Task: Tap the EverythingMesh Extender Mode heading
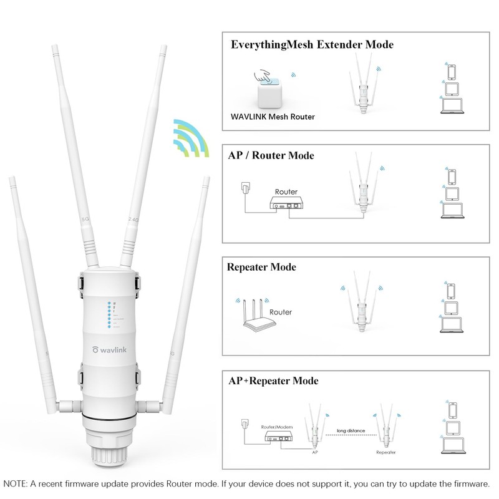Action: coord(312,45)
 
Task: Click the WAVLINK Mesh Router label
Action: coord(273,117)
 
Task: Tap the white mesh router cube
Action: coord(273,94)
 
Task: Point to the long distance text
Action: coord(351,430)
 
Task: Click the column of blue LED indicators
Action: coord(109,316)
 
